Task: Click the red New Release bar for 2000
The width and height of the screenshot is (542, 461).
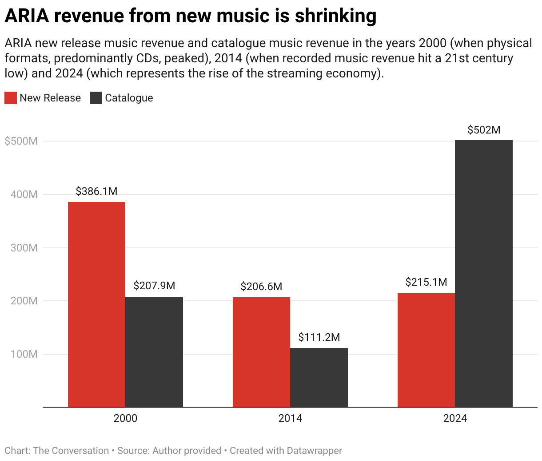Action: (96, 304)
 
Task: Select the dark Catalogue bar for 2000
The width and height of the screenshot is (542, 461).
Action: (154, 352)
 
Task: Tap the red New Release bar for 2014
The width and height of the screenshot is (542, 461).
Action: (261, 352)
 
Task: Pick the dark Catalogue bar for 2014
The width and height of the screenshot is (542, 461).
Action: (319, 377)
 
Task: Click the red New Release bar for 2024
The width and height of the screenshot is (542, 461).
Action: (426, 350)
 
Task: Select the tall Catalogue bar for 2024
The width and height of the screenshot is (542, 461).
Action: (484, 273)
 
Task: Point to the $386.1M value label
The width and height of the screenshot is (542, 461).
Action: (96, 191)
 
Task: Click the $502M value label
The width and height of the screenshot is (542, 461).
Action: (484, 130)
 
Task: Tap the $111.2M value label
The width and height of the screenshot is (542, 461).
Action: (319, 337)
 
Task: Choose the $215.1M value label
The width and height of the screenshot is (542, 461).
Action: (426, 282)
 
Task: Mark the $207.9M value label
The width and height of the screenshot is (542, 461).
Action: (154, 286)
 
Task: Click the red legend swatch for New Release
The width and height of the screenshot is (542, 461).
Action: (11, 98)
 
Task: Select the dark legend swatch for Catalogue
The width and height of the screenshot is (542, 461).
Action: (96, 98)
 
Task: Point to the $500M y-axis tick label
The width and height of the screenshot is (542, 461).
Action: (21, 141)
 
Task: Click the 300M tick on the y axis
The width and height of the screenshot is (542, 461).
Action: (24, 248)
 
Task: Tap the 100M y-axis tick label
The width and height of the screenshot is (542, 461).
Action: (24, 354)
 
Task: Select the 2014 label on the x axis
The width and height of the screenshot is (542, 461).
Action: (290, 418)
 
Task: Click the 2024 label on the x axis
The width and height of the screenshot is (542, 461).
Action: (455, 418)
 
